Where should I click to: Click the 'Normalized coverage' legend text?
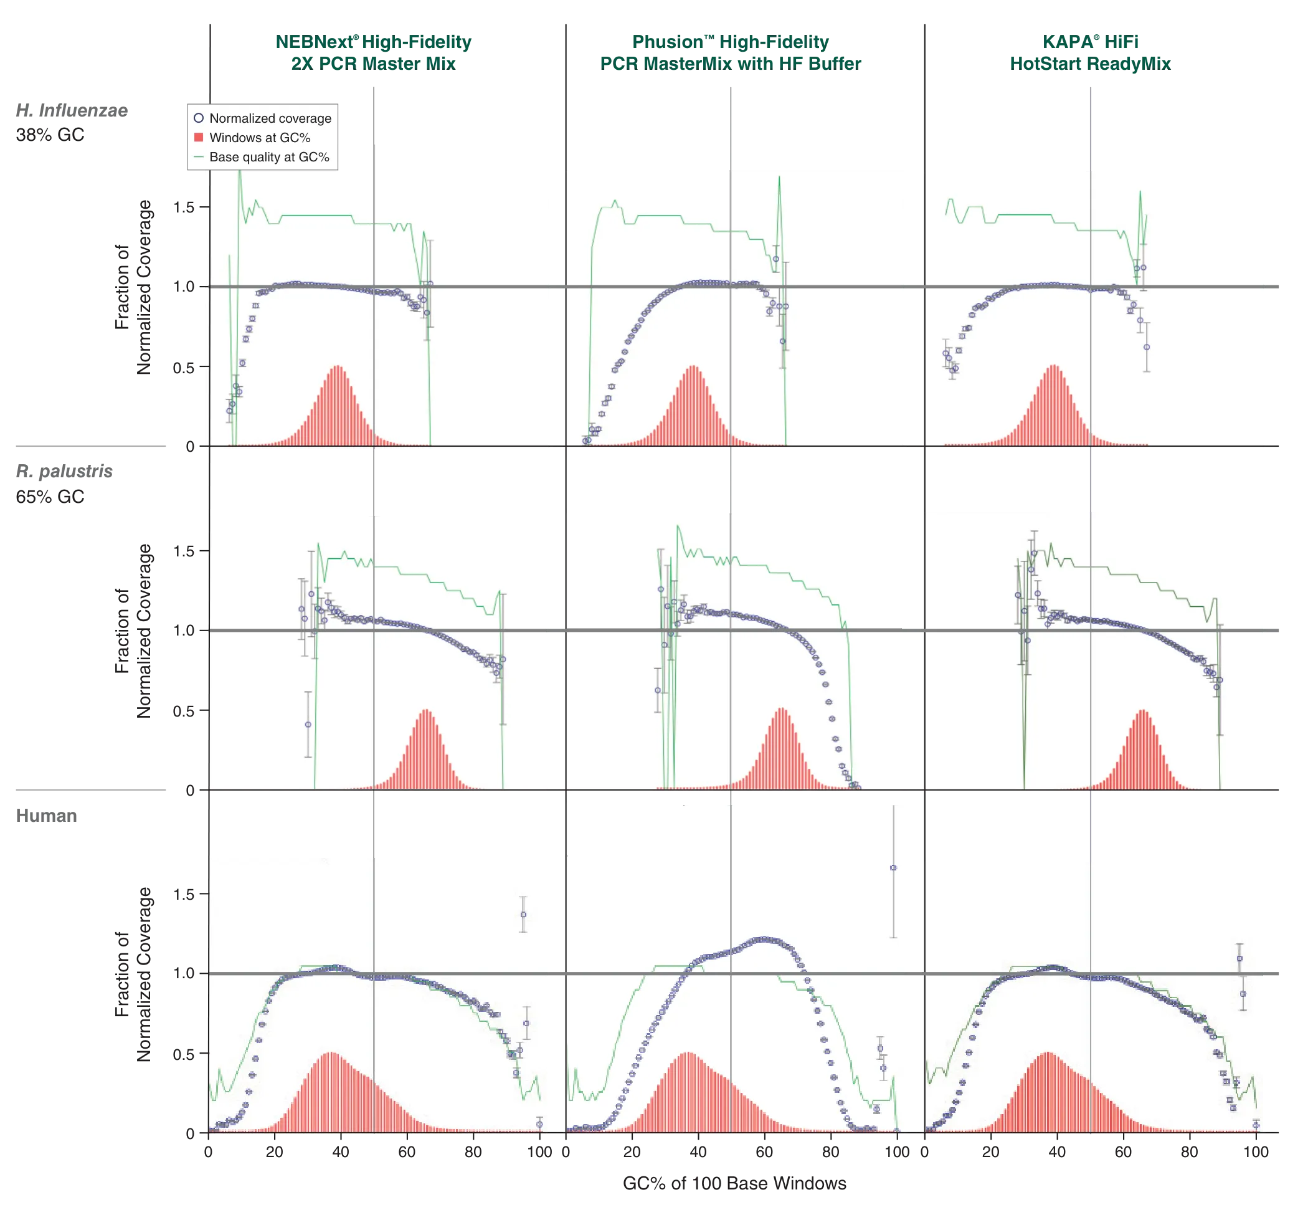coord(270,118)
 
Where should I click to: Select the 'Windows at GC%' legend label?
coord(260,138)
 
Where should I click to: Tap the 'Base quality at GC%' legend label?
coord(269,157)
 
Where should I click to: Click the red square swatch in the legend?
coord(199,138)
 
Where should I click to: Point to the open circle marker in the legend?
coord(199,118)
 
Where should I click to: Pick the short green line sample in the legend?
coord(199,157)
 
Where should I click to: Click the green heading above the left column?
coord(372,52)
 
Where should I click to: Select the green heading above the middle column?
coord(729,52)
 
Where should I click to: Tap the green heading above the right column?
coord(1091,52)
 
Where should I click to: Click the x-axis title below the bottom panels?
coord(735,1183)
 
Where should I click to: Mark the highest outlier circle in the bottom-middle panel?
coord(893,868)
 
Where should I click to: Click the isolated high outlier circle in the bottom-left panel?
coord(523,915)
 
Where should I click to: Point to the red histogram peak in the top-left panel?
coord(337,368)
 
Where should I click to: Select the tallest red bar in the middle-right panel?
coord(1143,712)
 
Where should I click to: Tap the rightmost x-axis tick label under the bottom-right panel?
coord(1256,1153)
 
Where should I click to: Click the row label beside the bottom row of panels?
coord(47,816)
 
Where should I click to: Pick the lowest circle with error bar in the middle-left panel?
coord(308,725)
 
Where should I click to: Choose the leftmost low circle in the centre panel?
coord(657,690)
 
